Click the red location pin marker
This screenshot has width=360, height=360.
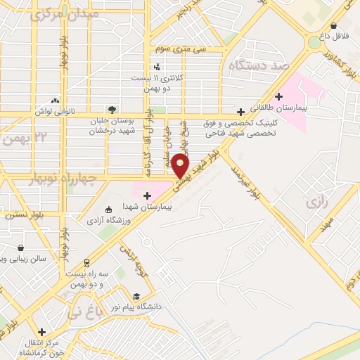tap(181, 166)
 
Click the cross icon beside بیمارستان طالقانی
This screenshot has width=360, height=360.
tap(279, 96)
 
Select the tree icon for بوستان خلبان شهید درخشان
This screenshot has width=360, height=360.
tap(111, 109)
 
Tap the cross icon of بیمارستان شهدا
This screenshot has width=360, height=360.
tap(147, 195)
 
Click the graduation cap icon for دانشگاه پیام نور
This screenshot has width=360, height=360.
tap(136, 296)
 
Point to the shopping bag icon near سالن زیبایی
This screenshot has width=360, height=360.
tap(21, 247)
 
